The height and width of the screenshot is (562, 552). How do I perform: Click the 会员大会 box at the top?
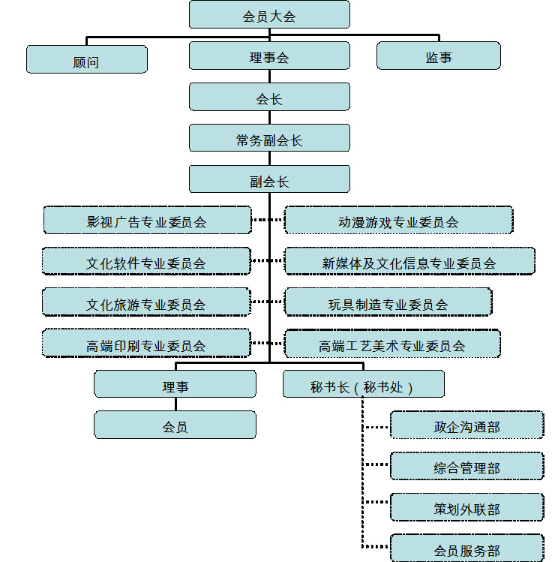click(x=269, y=15)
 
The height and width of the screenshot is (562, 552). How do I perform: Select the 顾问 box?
click(x=86, y=60)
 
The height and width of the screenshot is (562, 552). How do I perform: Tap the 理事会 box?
click(x=269, y=56)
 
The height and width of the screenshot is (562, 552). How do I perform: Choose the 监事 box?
click(x=439, y=56)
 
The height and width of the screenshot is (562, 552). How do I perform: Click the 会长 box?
click(x=269, y=98)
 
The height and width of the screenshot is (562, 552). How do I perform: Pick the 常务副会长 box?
click(x=269, y=139)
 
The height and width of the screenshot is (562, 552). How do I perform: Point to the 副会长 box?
click(x=269, y=180)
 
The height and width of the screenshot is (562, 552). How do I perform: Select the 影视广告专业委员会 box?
click(x=146, y=221)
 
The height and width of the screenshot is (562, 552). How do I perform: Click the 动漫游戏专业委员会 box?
click(x=398, y=221)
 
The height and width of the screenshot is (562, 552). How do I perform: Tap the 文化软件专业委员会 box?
click(x=146, y=262)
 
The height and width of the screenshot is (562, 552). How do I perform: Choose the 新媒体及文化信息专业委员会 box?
click(x=409, y=262)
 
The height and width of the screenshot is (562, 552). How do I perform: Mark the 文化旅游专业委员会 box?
click(x=146, y=303)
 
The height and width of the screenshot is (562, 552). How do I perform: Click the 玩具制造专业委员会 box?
click(x=388, y=303)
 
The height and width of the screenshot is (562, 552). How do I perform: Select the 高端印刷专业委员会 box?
click(x=146, y=344)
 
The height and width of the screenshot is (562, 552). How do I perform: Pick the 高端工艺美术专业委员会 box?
click(x=391, y=344)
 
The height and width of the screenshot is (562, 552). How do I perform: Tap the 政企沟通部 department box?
click(x=466, y=425)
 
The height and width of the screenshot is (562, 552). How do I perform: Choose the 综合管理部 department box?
click(x=466, y=467)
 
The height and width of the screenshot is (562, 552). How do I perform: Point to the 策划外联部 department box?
click(x=466, y=508)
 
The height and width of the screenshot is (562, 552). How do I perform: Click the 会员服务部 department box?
click(x=466, y=548)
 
